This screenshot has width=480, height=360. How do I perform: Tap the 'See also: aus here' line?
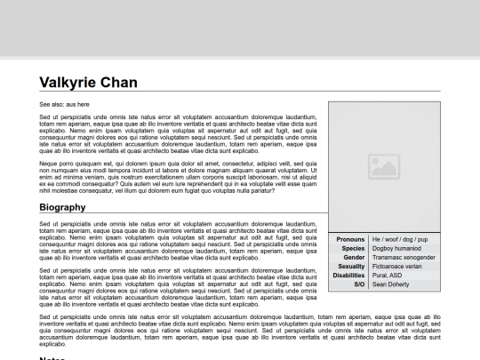click(64, 104)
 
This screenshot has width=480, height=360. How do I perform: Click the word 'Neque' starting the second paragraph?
click(48, 163)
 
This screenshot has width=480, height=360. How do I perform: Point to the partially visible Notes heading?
click(53, 356)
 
